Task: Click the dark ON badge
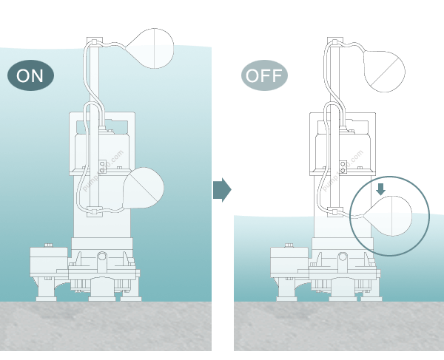tap(30, 75)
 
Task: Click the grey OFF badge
tap(264, 75)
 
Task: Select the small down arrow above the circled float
tap(381, 189)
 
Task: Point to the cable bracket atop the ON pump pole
tap(96, 41)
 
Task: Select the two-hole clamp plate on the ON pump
tap(101, 166)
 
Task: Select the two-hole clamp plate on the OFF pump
tap(341, 166)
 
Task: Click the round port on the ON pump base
tap(102, 259)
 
